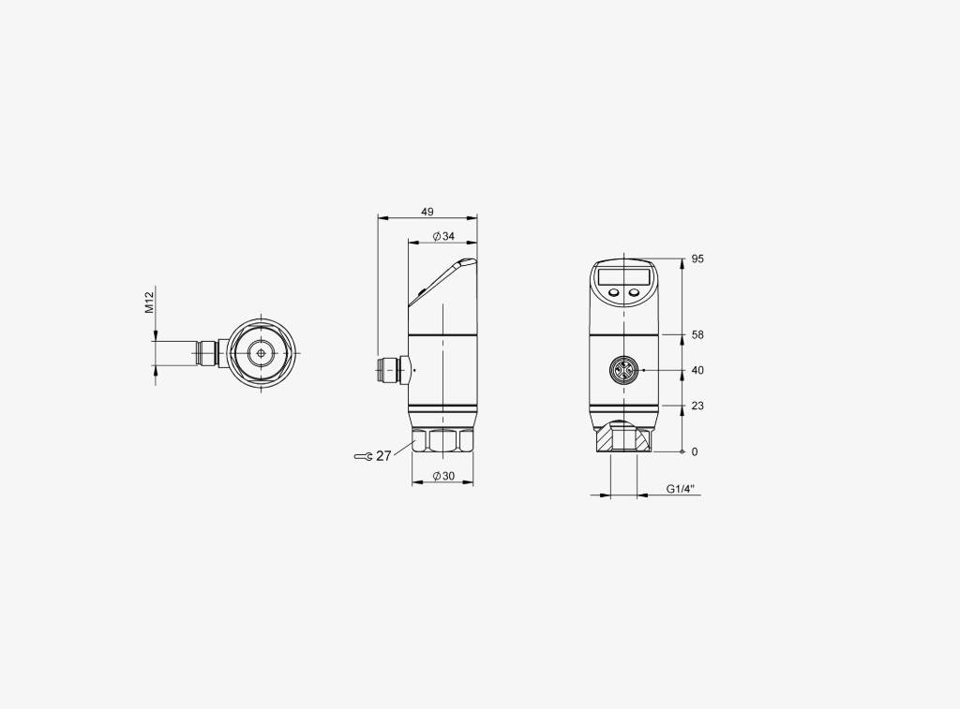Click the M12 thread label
click(x=149, y=303)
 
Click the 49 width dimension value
click(x=427, y=213)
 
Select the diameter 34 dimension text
click(x=443, y=236)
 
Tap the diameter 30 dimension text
click(x=443, y=476)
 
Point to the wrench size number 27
click(x=383, y=456)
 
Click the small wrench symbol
click(x=364, y=456)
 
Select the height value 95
click(x=697, y=258)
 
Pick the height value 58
click(x=697, y=334)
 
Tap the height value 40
click(x=697, y=370)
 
